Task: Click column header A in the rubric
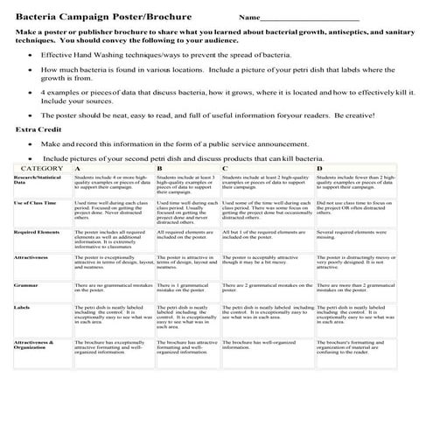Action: (78, 167)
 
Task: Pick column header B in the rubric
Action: (159, 167)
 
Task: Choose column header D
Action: (319, 167)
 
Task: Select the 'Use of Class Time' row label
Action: (36, 203)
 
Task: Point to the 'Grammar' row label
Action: (25, 285)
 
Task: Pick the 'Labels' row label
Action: (23, 307)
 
